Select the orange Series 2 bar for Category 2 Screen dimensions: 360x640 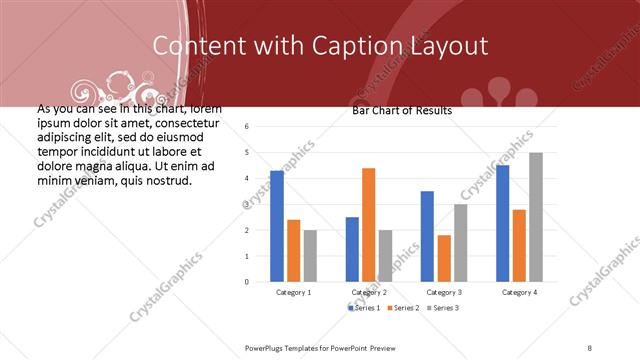pos(368,225)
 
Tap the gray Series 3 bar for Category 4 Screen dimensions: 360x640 pos(536,217)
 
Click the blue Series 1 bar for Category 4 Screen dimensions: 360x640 pos(502,223)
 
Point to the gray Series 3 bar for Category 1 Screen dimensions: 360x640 pos(310,256)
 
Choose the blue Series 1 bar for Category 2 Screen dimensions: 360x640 pos(352,249)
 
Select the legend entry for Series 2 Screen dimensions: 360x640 pos(404,307)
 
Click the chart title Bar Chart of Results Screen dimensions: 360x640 pos(402,110)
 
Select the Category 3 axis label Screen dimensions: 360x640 pos(443,292)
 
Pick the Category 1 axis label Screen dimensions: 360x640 pos(293,292)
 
